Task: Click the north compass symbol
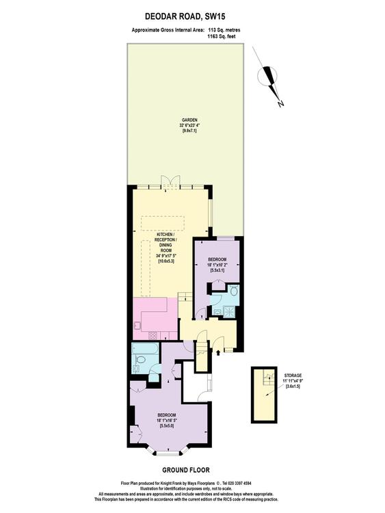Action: pyautogui.click(x=269, y=77)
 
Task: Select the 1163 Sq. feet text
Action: pyautogui.click(x=221, y=37)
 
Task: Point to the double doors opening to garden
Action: pyautogui.click(x=171, y=181)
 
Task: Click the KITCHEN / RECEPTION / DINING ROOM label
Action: pyautogui.click(x=165, y=242)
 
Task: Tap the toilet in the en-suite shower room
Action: pyautogui.click(x=234, y=290)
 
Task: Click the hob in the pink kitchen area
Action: pyautogui.click(x=152, y=335)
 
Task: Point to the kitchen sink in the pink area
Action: pyautogui.click(x=137, y=326)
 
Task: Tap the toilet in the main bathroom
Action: pyautogui.click(x=140, y=360)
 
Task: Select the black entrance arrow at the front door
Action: pyautogui.click(x=218, y=352)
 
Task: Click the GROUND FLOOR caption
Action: pyautogui.click(x=186, y=470)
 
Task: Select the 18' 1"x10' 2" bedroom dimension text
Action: pyautogui.click(x=217, y=265)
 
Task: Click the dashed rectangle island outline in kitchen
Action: pyautogui.click(x=163, y=223)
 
